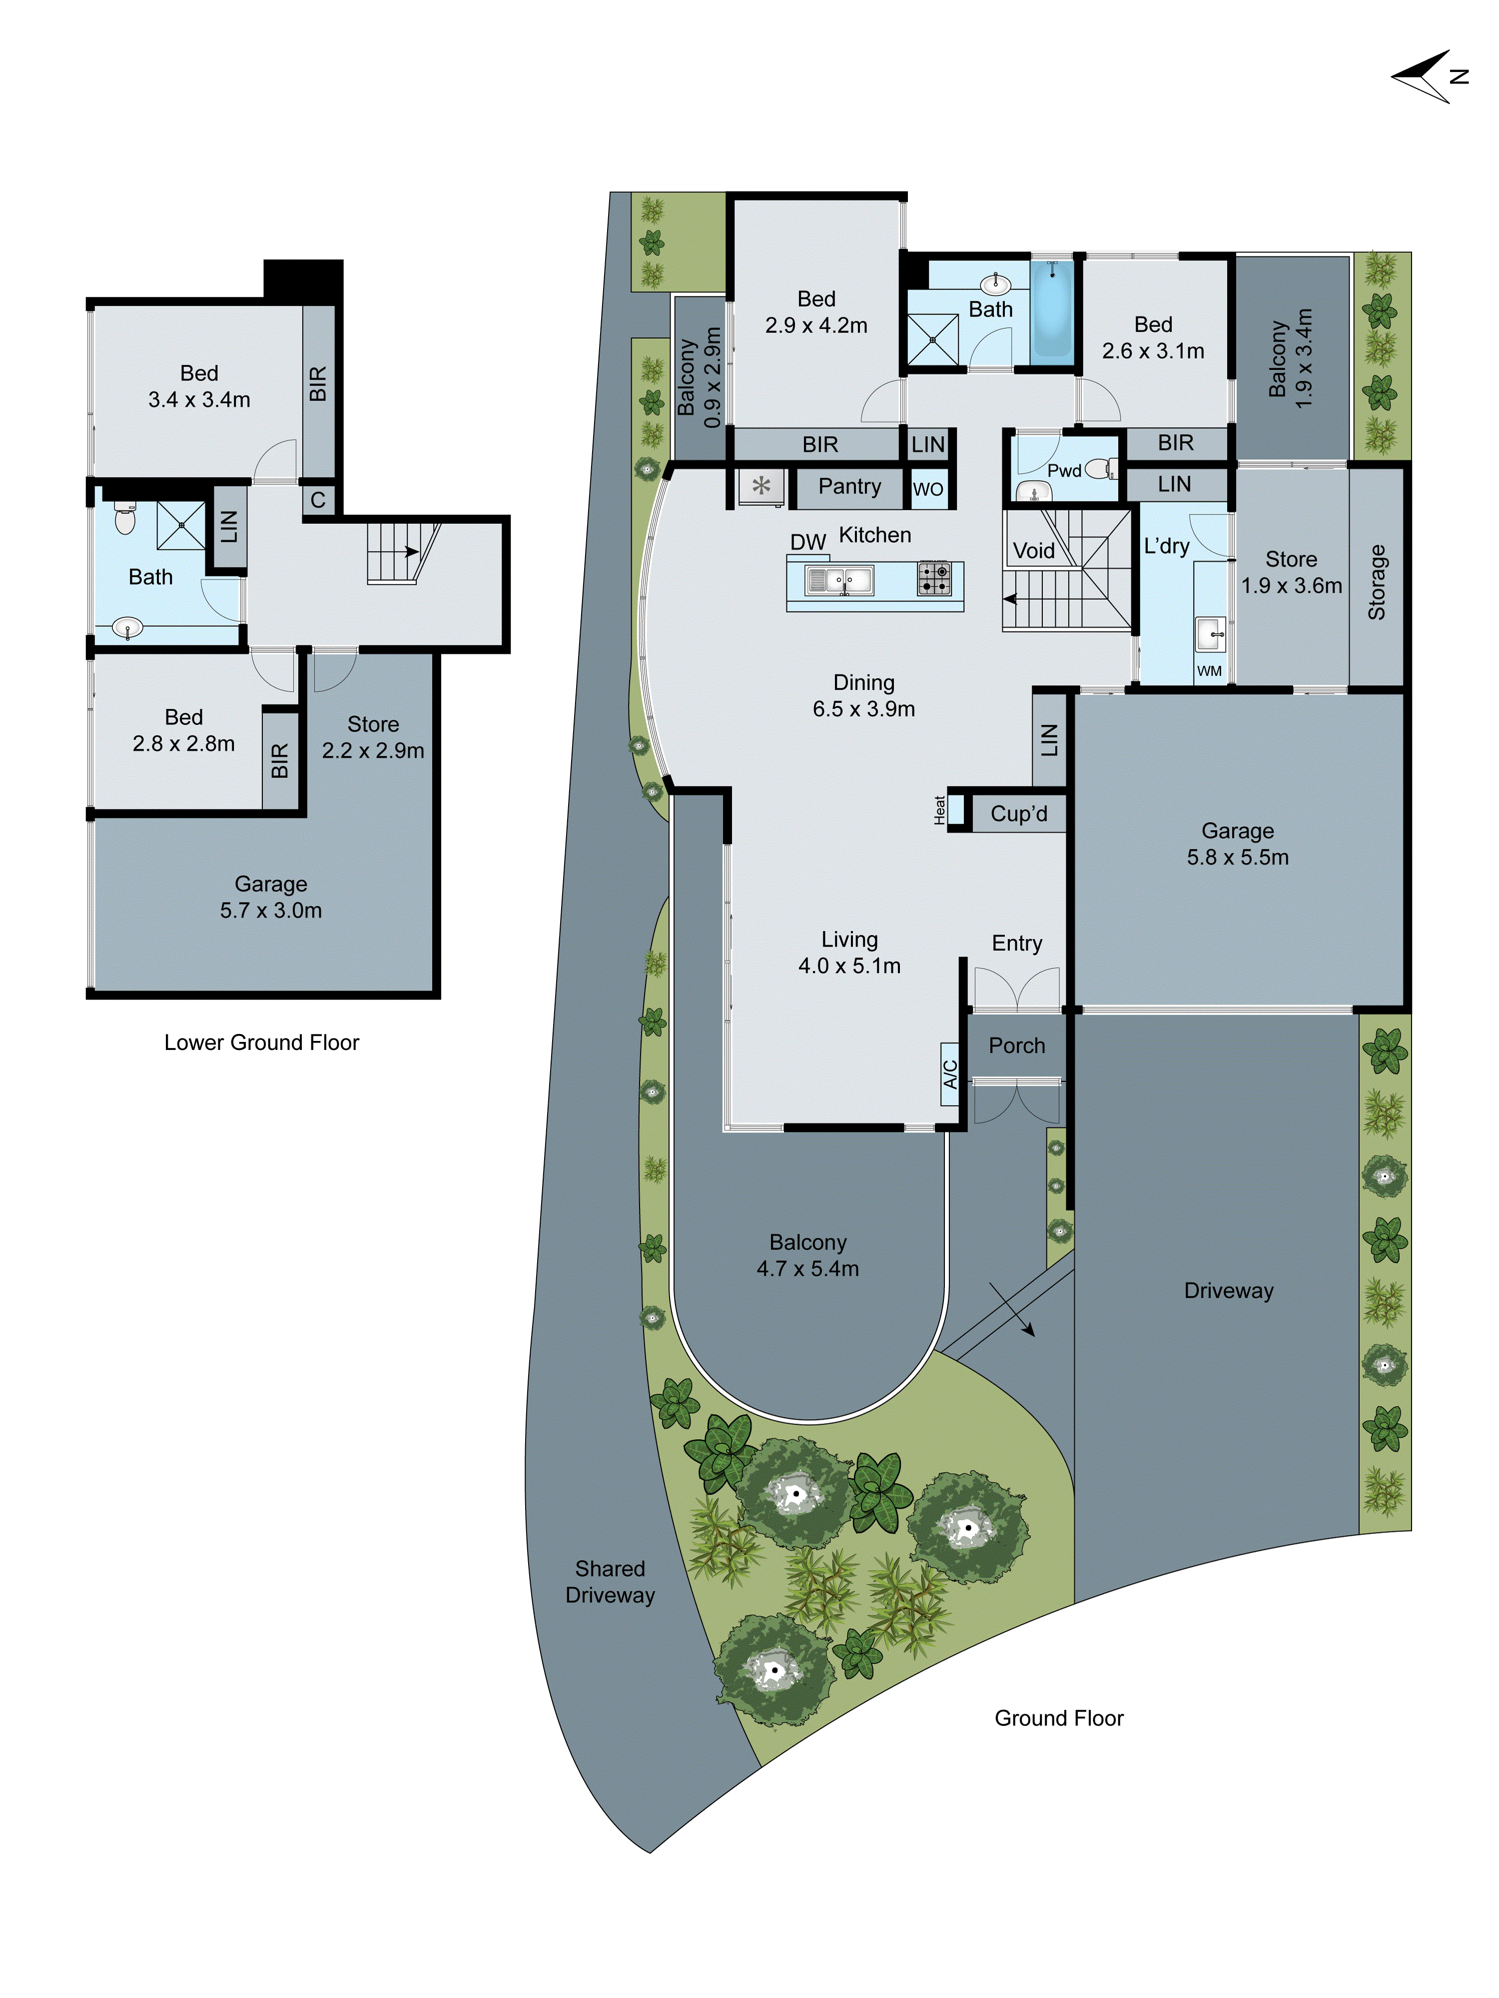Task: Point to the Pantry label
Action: [x=849, y=487]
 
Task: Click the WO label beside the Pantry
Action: [x=928, y=490]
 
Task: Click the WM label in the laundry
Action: [x=1209, y=670]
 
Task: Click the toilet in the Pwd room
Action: [x=1099, y=469]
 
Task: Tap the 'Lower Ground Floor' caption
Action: [x=261, y=1042]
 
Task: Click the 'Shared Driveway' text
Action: [x=610, y=1581]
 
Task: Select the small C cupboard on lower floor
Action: [x=318, y=499]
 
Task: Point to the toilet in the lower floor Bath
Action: [x=125, y=519]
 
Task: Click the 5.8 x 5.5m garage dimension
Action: [x=1237, y=857]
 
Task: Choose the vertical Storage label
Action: [x=1376, y=582]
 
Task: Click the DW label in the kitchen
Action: [x=808, y=542]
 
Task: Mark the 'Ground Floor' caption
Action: [x=1059, y=1718]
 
